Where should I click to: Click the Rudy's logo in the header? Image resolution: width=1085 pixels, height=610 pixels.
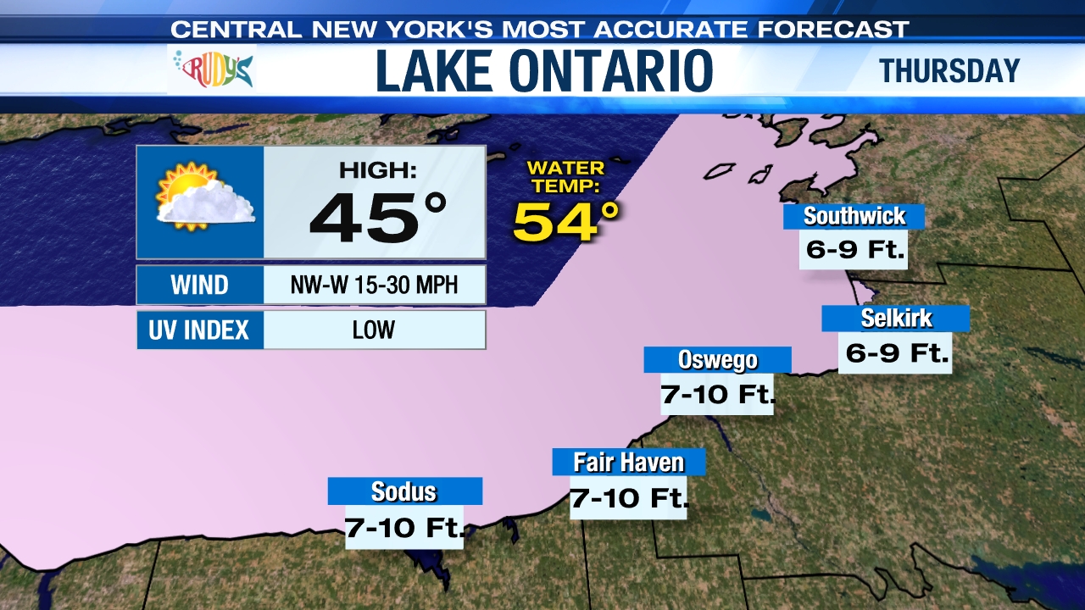tap(214, 69)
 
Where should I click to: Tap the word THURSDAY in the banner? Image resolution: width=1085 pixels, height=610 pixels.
tap(949, 71)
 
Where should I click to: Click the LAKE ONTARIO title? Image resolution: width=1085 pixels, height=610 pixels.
tap(544, 71)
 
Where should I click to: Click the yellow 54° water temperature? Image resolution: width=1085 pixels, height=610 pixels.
tap(566, 221)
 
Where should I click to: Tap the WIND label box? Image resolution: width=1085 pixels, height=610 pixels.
tap(200, 285)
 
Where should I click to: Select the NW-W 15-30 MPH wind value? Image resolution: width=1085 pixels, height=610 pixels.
tap(374, 285)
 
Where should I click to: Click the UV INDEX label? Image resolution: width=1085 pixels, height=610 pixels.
tap(200, 330)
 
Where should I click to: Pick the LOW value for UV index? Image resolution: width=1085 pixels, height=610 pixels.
tap(374, 330)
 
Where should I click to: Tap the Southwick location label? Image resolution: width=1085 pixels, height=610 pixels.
tap(854, 216)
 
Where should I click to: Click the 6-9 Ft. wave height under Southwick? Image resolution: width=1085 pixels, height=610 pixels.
tap(854, 249)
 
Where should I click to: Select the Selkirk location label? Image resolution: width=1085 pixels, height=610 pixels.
tap(895, 319)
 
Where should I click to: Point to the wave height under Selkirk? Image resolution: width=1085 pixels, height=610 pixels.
tap(895, 352)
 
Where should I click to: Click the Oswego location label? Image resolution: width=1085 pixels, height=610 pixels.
tap(717, 360)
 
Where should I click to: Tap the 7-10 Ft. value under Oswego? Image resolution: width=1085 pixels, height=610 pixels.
tap(717, 394)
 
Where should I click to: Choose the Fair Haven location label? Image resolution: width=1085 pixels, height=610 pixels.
tap(628, 463)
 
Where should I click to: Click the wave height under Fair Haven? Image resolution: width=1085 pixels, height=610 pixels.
tap(628, 497)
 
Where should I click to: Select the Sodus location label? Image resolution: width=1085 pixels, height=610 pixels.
tap(404, 491)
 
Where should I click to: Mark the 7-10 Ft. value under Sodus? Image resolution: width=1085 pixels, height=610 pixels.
tap(404, 528)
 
